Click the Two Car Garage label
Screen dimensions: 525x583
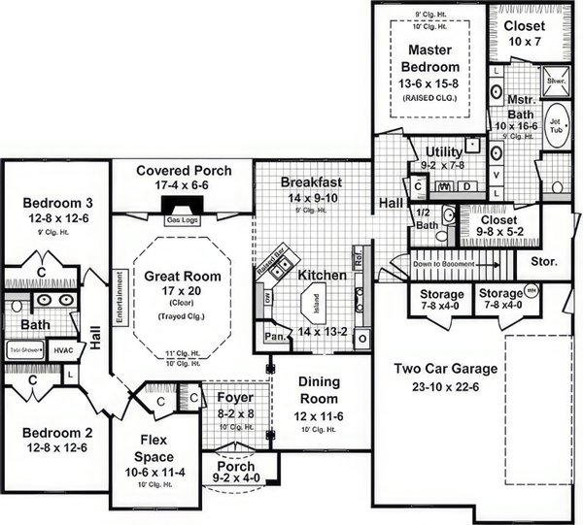(445, 369)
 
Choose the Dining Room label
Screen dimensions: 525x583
(318, 390)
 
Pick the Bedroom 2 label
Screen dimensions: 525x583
(57, 433)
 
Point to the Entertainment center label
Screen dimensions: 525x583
(120, 300)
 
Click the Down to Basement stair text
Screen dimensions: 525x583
(448, 264)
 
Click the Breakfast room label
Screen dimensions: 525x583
(311, 181)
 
